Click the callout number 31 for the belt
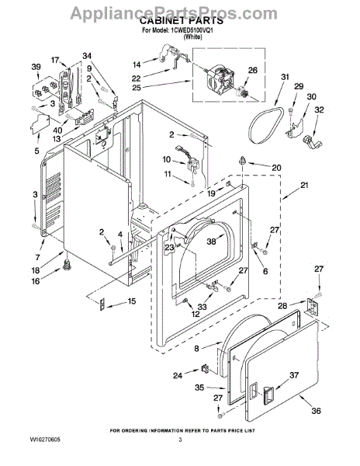285,77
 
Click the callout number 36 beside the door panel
316,411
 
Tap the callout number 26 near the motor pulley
253,70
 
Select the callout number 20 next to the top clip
276,168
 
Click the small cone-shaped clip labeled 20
243,161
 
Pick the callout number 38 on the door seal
211,242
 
